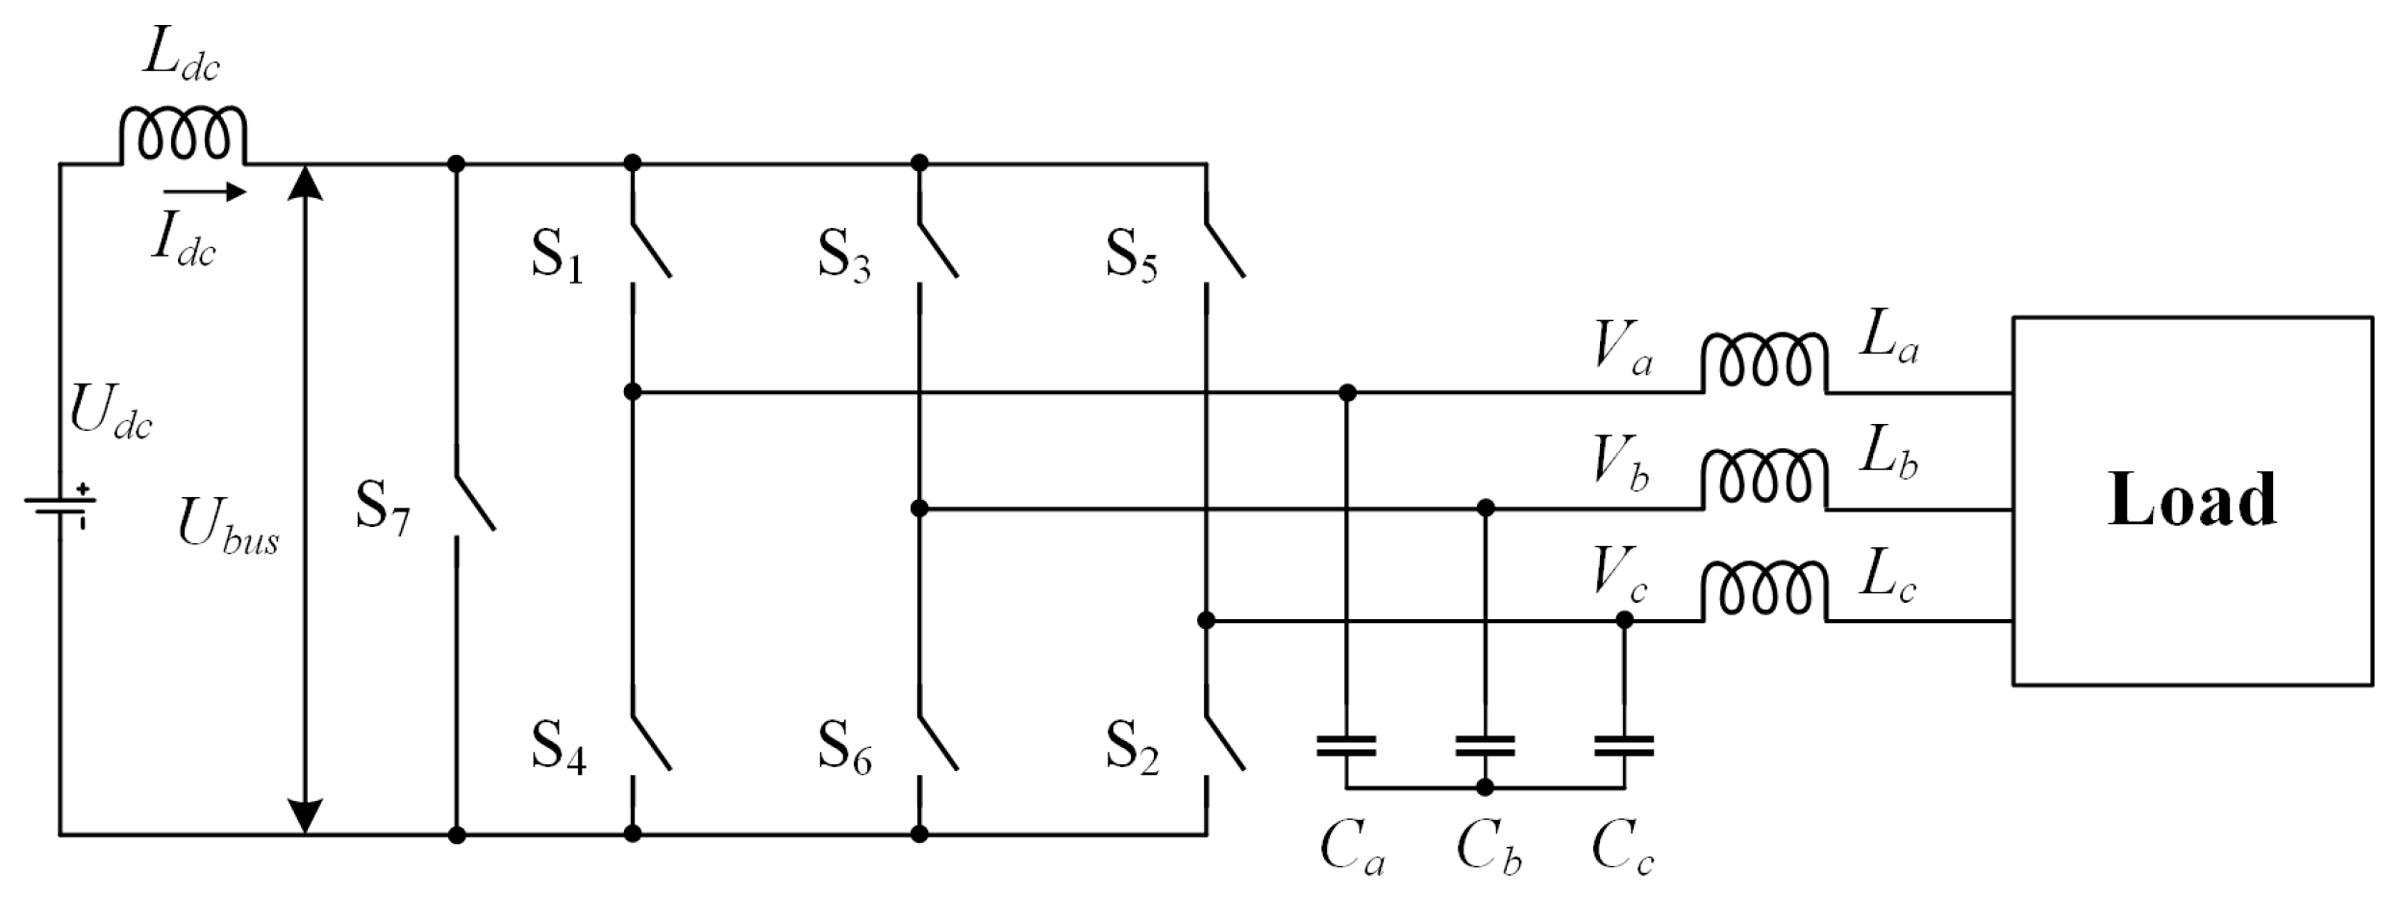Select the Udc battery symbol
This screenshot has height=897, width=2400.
pos(60,507)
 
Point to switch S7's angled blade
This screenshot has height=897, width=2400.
pos(475,502)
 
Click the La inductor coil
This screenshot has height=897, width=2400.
pos(1764,364)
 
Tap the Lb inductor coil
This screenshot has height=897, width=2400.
pos(1764,480)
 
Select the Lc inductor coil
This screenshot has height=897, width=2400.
pos(1764,593)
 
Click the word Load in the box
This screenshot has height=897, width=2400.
pos(2191,500)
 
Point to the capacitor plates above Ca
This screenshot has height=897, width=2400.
pos(1346,746)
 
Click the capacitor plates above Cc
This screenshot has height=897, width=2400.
pos(1624,746)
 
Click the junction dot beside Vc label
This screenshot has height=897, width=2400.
pos(1624,621)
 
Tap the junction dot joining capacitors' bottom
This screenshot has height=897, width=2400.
pos(1486,787)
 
